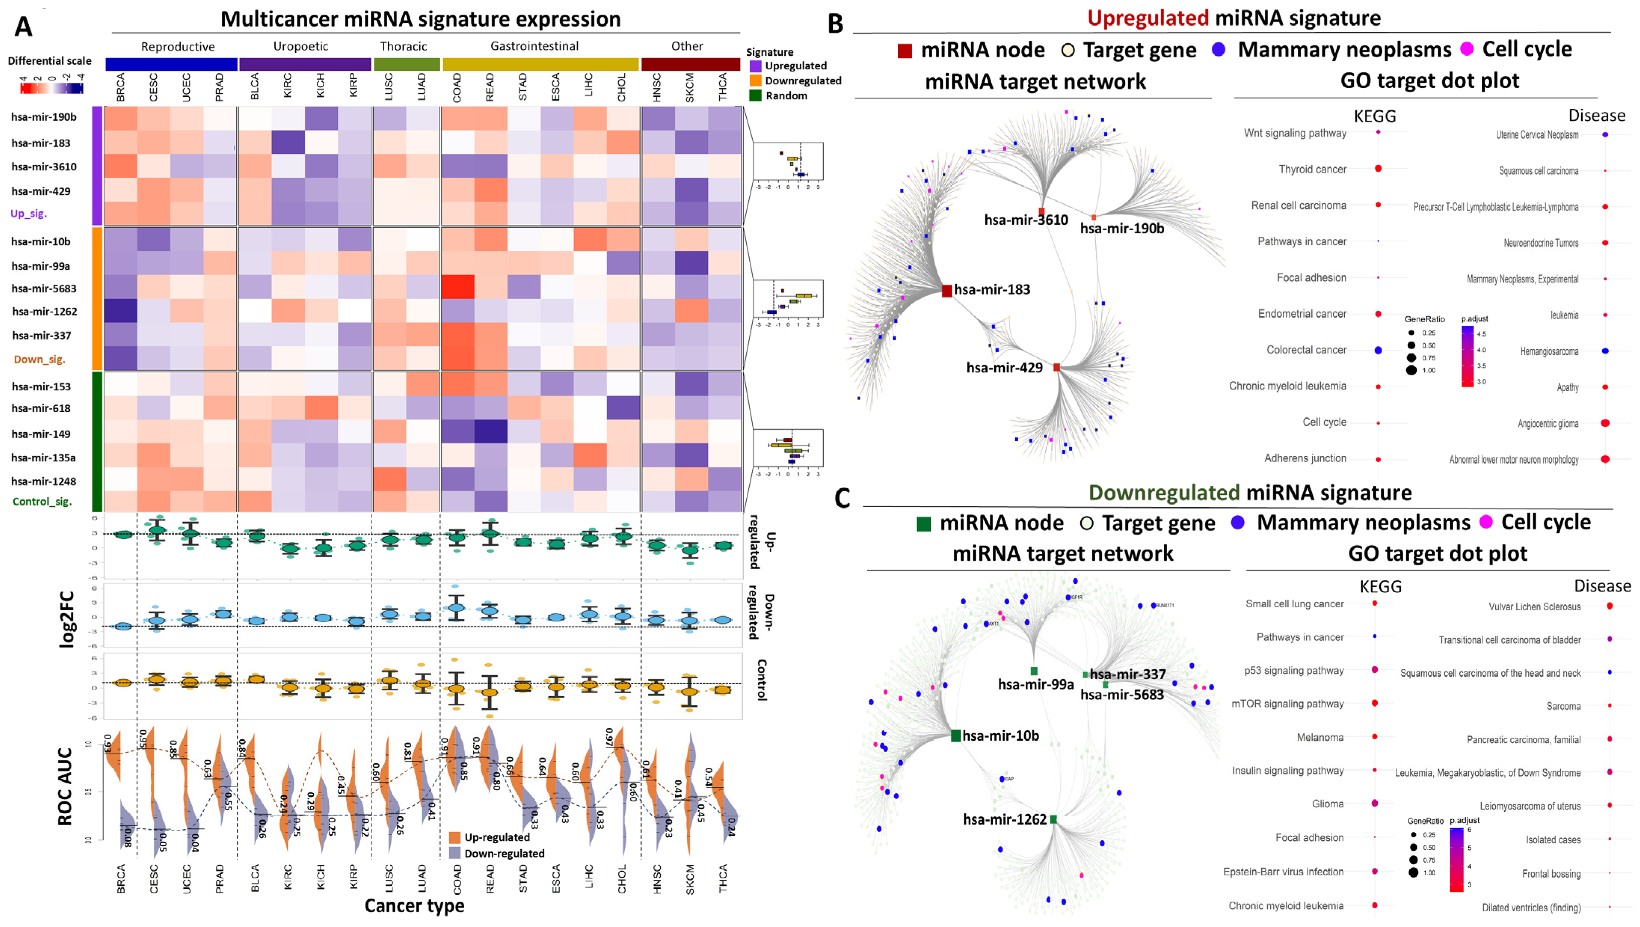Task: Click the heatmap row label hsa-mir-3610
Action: coord(44,167)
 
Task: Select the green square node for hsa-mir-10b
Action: coord(955,736)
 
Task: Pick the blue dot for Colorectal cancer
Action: coord(1378,350)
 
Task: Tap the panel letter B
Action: coord(835,24)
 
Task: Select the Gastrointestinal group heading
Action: coord(534,46)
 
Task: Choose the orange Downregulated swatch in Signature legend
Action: coord(755,81)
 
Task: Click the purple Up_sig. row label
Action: coord(29,213)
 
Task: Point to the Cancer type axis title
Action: coord(414,906)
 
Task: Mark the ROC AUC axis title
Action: coord(65,787)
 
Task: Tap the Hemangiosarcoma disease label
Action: coord(1549,352)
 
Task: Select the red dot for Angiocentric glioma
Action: coord(1605,423)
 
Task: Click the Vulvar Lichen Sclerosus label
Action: coord(1534,607)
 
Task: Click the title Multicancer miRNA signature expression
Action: coord(420,19)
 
